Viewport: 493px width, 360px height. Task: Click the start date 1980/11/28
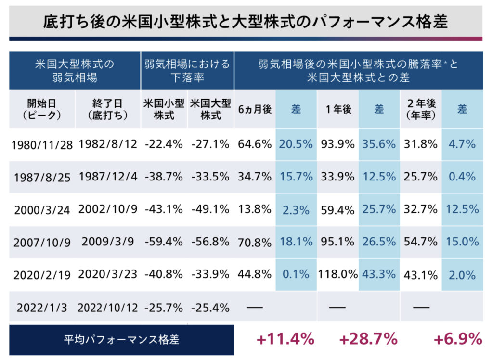point(42,144)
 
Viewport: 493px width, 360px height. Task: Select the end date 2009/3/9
point(108,242)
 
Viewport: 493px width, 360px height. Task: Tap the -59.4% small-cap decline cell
point(164,242)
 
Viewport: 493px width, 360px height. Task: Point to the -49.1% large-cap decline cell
point(210,209)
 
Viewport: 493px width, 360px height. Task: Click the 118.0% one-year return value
point(337,275)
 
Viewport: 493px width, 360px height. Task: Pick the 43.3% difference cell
point(379,275)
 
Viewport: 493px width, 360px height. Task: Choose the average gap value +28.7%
point(368,339)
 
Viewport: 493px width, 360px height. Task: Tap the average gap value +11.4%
point(285,339)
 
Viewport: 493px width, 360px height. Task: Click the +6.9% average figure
point(457,339)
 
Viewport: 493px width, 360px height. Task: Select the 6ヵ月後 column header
point(255,109)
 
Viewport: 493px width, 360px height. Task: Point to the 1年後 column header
point(337,109)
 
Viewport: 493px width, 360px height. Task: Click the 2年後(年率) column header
point(420,109)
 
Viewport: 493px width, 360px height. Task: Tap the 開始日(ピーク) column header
point(41,109)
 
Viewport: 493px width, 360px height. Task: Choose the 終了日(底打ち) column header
point(108,109)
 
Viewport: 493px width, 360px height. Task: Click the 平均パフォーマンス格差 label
point(121,339)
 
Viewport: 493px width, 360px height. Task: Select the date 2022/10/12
point(108,308)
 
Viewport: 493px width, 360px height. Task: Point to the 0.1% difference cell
point(296,275)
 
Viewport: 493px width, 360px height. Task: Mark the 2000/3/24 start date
point(42,209)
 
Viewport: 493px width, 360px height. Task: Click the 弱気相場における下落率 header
point(187,71)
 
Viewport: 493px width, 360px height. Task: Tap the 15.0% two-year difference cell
point(462,242)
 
